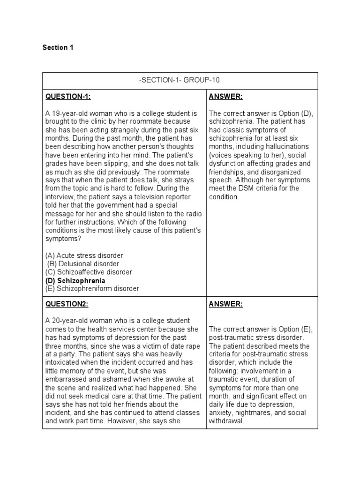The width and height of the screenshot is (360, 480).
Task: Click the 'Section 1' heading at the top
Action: pos(58,48)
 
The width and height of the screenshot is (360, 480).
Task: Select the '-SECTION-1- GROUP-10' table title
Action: pos(180,81)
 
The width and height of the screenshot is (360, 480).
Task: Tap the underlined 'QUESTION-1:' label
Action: pos(68,97)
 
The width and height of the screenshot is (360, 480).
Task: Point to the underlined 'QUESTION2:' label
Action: pos(67,304)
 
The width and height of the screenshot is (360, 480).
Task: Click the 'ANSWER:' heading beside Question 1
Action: pos(226,97)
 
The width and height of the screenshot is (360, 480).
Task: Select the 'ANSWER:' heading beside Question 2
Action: pos(226,304)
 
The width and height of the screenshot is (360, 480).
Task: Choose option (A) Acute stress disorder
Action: pos(84,255)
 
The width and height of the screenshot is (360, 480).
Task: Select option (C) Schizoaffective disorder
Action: pos(89,272)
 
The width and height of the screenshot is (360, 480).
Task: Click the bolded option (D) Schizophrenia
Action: pos(75,281)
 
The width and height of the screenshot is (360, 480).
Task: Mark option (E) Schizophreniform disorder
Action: pos(92,289)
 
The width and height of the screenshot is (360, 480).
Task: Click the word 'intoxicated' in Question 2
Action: pos(63,362)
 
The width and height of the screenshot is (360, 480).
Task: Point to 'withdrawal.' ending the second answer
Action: pos(226,421)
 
